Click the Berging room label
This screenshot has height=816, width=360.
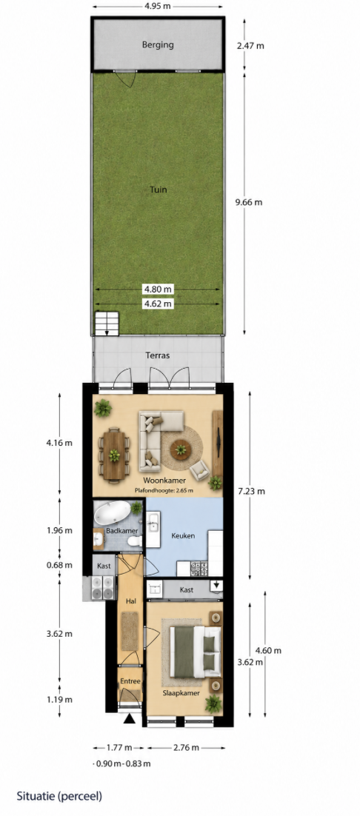[158, 44]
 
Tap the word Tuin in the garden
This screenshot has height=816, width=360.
[159, 190]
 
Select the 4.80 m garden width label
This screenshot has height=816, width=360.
[158, 290]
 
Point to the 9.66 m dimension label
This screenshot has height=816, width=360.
[248, 202]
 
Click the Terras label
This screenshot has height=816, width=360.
[159, 356]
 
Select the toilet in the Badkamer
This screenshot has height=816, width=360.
[135, 541]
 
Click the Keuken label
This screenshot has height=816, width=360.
[184, 535]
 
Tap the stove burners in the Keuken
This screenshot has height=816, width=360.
[199, 568]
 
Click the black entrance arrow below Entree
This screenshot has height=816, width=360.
[130, 719]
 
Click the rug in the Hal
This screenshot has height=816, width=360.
[130, 632]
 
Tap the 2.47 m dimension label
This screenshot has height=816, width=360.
[250, 45]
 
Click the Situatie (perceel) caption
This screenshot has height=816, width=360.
[59, 796]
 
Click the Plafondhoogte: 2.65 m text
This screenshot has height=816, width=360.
[164, 489]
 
